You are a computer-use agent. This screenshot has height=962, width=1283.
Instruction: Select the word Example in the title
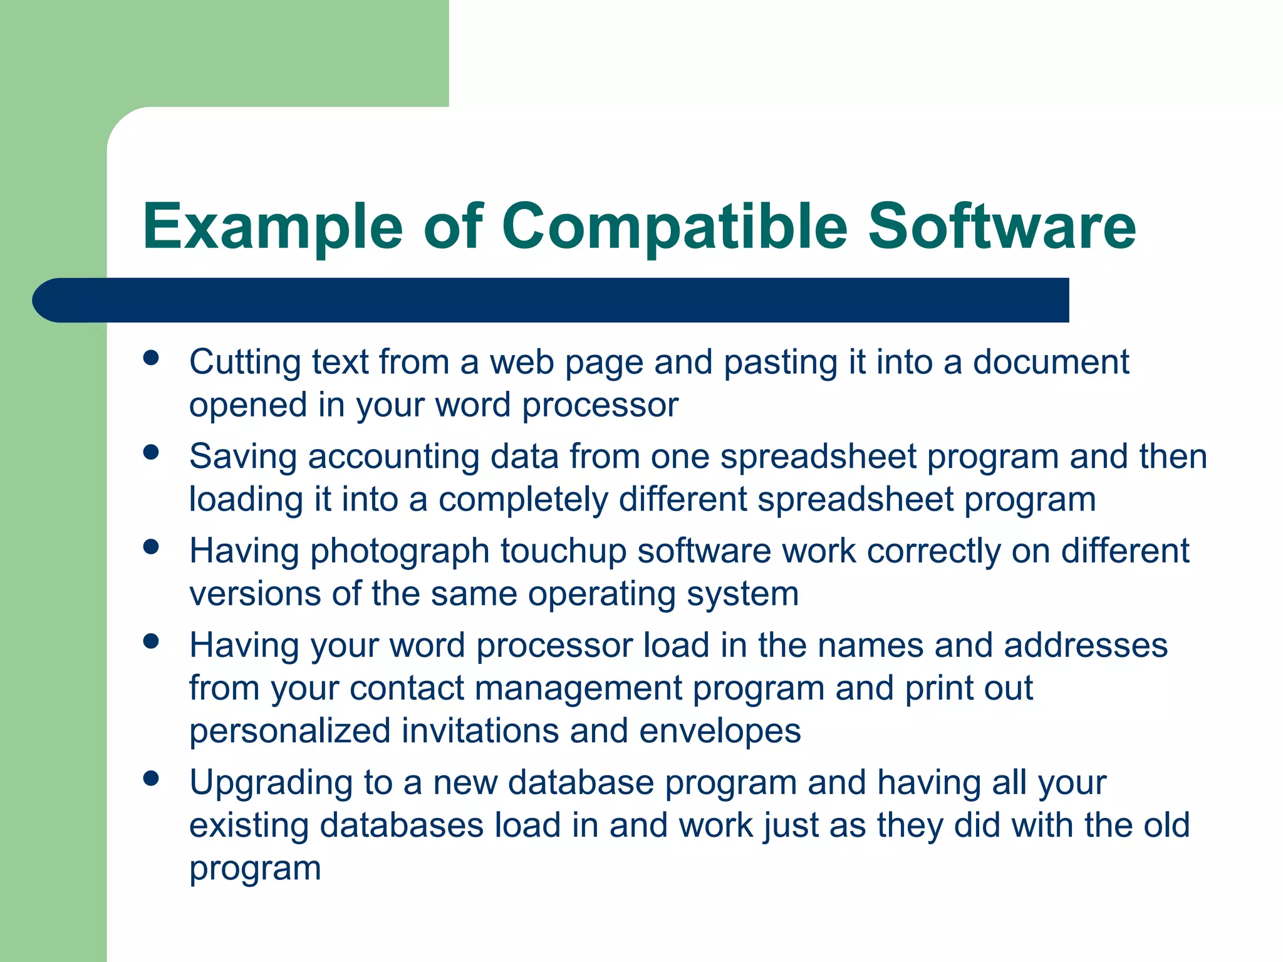pos(273,227)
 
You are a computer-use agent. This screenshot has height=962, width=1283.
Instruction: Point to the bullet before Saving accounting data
pos(151,452)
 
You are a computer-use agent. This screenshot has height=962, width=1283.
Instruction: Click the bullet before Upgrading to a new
pos(151,778)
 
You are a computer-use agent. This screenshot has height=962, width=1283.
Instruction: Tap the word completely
pos(523,500)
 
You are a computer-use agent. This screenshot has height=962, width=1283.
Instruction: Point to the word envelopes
pos(720,731)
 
